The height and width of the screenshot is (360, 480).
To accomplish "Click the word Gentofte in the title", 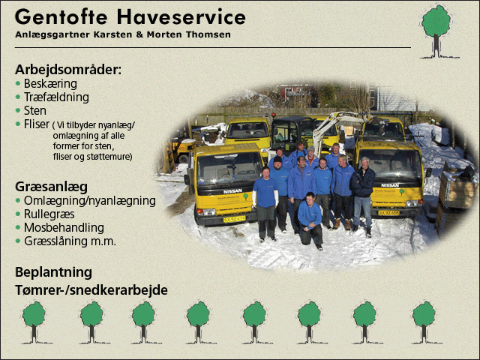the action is click(61, 16).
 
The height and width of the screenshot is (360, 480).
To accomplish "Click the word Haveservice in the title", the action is click(181, 16).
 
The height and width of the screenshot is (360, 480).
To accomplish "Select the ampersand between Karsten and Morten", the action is click(139, 34).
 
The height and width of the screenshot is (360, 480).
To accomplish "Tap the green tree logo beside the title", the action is click(437, 31).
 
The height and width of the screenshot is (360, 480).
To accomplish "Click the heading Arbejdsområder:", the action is click(68, 70).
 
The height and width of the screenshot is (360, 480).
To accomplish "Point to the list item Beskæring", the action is click(50, 83).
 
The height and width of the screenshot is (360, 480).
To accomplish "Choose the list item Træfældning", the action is click(56, 97).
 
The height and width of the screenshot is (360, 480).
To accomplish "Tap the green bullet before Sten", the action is click(18, 110).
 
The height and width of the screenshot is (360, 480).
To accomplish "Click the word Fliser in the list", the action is click(37, 124).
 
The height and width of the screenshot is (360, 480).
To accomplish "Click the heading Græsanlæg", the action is click(52, 187).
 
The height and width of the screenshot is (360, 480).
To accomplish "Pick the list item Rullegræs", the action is click(49, 214).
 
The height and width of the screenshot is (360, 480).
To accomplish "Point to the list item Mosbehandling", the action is click(64, 228).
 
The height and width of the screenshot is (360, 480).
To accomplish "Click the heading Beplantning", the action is click(53, 272).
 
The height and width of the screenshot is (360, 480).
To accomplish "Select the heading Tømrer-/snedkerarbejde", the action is click(91, 290).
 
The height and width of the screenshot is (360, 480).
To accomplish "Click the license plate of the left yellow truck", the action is click(235, 219).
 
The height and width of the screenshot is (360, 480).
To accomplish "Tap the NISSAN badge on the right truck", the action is click(390, 185).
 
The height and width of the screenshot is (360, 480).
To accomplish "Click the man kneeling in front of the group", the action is click(310, 220).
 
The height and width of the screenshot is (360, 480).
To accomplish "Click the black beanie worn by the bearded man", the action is click(277, 159).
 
